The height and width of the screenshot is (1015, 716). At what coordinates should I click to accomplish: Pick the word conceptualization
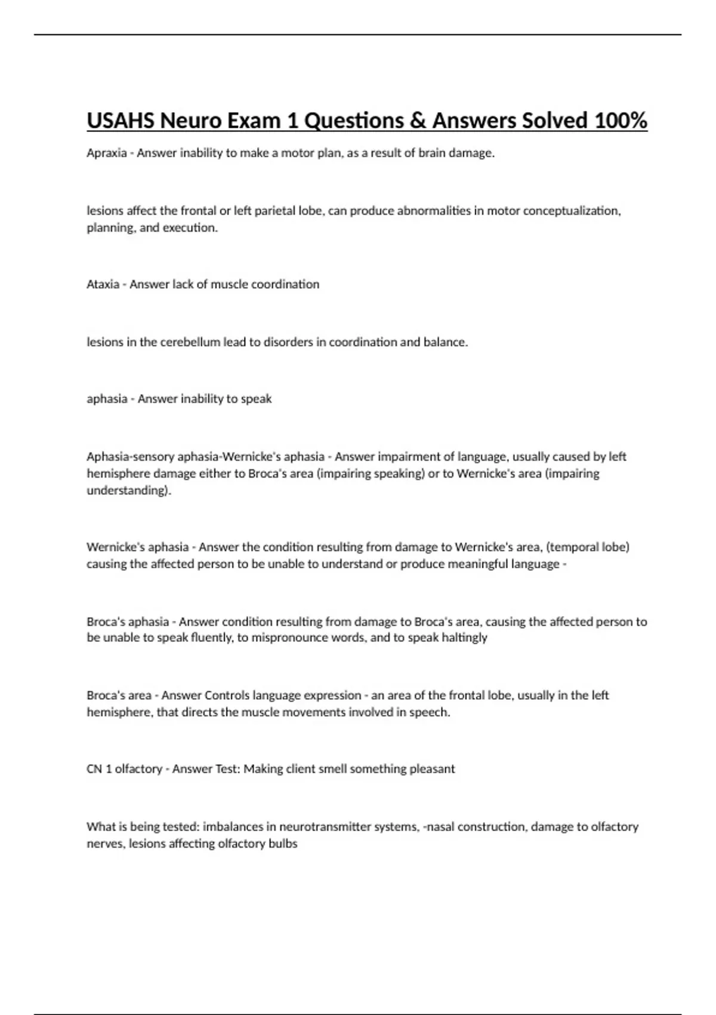(x=572, y=211)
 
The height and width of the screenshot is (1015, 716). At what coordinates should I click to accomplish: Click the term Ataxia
(x=103, y=284)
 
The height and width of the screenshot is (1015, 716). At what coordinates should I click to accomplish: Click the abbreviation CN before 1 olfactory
(x=94, y=769)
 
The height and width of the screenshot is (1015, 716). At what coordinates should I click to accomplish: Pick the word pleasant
(x=432, y=769)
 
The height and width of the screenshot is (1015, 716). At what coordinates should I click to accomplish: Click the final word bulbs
(x=283, y=844)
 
